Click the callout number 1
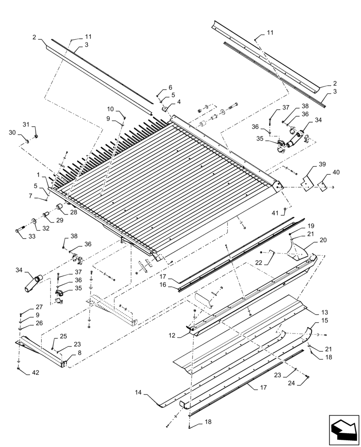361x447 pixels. [39, 175]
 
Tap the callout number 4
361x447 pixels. [179, 102]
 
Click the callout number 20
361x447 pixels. [323, 240]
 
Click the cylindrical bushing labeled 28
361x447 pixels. [60, 207]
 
